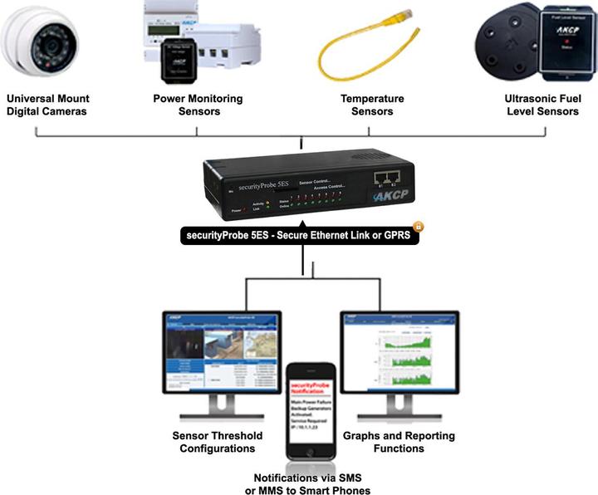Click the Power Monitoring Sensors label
(198, 105)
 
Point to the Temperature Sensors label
(372, 105)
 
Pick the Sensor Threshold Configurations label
(217, 442)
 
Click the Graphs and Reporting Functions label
(399, 442)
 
